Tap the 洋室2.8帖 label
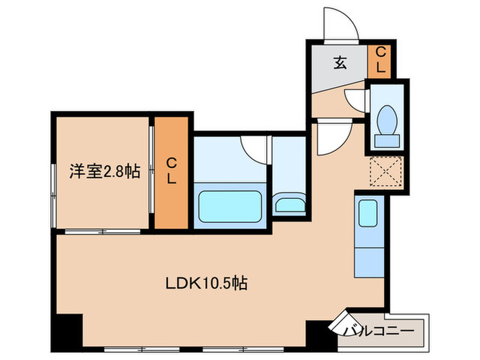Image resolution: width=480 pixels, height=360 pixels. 104,171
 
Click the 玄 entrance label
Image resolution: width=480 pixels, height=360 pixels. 341,63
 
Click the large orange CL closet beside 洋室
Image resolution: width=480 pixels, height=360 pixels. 171,173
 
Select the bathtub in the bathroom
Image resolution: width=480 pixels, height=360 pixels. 230,203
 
